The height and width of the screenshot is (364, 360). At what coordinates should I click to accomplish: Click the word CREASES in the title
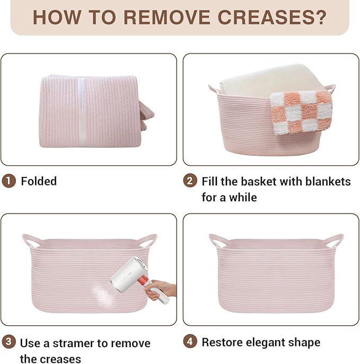pyautogui.click(x=272, y=17)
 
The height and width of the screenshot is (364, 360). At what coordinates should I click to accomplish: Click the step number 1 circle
pyautogui.click(x=9, y=181)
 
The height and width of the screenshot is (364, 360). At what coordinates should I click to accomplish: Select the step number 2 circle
pyautogui.click(x=190, y=181)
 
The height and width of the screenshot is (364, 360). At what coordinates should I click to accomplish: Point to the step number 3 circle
pyautogui.click(x=9, y=342)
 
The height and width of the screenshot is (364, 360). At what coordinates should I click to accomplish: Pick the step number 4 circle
pyautogui.click(x=190, y=342)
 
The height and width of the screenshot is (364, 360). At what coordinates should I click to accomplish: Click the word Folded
pyautogui.click(x=39, y=181)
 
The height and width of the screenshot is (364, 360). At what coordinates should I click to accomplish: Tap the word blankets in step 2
pyautogui.click(x=328, y=181)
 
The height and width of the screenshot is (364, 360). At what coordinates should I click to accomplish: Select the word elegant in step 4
pyautogui.click(x=266, y=343)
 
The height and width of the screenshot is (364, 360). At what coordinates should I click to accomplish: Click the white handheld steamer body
pyautogui.click(x=130, y=274)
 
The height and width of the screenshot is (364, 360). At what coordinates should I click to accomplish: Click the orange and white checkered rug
pyautogui.click(x=302, y=112)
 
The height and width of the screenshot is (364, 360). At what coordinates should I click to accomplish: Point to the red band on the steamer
pyautogui.click(x=143, y=280)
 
